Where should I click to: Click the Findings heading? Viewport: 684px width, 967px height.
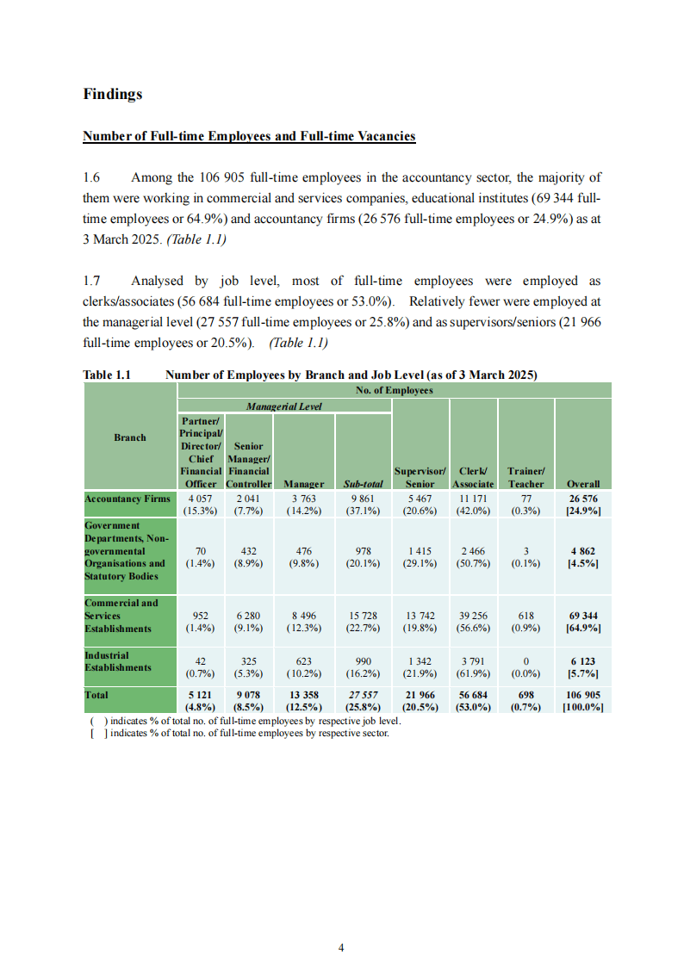[112, 94]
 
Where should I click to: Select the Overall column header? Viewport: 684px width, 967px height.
[583, 484]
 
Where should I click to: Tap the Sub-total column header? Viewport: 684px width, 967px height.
[364, 484]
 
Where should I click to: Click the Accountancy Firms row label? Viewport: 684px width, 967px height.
[127, 499]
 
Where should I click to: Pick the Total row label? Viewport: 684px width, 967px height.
[96, 694]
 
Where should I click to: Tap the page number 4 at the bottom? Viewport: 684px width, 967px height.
[342, 948]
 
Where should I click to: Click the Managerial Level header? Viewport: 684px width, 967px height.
[284, 406]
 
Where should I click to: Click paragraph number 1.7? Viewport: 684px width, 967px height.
[92, 281]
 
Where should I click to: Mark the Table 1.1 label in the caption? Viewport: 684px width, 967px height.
[106, 375]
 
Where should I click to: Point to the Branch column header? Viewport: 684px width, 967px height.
[130, 437]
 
